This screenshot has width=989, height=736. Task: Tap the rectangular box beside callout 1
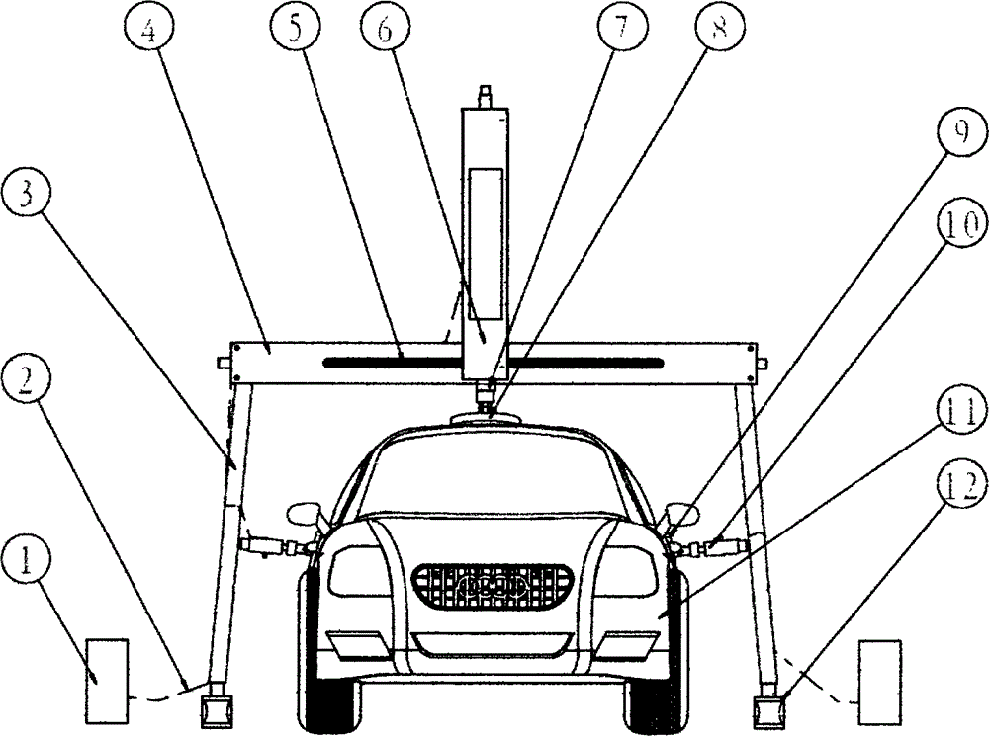click(107, 680)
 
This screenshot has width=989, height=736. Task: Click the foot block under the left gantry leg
click(217, 708)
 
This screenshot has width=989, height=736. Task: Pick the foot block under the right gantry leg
click(770, 708)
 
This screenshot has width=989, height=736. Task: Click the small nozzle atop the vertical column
click(484, 96)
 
